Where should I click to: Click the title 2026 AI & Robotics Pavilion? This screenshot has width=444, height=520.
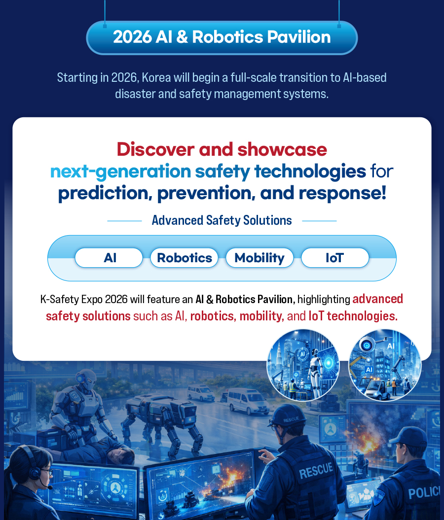(222, 37)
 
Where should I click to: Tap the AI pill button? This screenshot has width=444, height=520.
(109, 258)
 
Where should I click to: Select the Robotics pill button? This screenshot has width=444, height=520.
(184, 258)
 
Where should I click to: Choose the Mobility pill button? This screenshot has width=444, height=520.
(259, 258)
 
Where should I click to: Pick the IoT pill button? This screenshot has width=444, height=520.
(335, 258)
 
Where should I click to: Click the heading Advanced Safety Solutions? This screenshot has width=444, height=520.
(222, 220)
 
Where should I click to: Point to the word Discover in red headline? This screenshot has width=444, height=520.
(155, 149)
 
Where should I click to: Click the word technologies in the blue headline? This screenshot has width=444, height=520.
(310, 172)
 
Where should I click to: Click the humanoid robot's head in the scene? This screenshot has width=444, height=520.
(86, 380)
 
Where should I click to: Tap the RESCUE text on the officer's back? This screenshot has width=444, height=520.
(316, 471)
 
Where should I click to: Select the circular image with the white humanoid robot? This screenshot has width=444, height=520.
(303, 365)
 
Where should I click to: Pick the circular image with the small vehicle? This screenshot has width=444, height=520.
(385, 365)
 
